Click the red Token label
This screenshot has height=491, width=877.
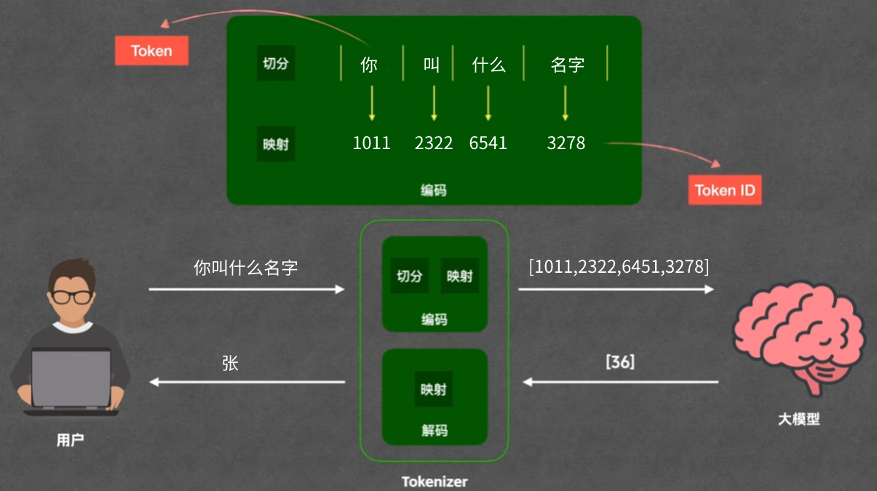pos(151,51)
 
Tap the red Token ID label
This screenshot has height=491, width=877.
pos(724,190)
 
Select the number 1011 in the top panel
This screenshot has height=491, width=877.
pos(371,143)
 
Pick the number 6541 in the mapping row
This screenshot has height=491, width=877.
pos(488,143)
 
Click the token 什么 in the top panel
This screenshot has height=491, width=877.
pos(488,65)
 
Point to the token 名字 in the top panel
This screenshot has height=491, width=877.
pos(567,65)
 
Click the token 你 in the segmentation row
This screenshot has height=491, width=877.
pos(369,65)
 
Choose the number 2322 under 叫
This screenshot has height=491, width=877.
pos(434,143)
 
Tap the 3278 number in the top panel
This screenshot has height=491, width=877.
pos(566,143)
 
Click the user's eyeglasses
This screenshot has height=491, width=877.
pos(71,296)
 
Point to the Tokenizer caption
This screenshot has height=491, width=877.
pos(434,482)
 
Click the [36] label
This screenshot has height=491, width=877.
pos(620,362)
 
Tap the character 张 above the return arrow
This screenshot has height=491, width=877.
pos(230,363)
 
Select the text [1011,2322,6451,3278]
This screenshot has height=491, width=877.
pos(619,267)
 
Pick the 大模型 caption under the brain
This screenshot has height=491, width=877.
pos(798,420)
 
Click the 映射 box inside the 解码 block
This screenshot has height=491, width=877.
pos(434,390)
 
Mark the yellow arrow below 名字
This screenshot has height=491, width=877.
pos(566,103)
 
